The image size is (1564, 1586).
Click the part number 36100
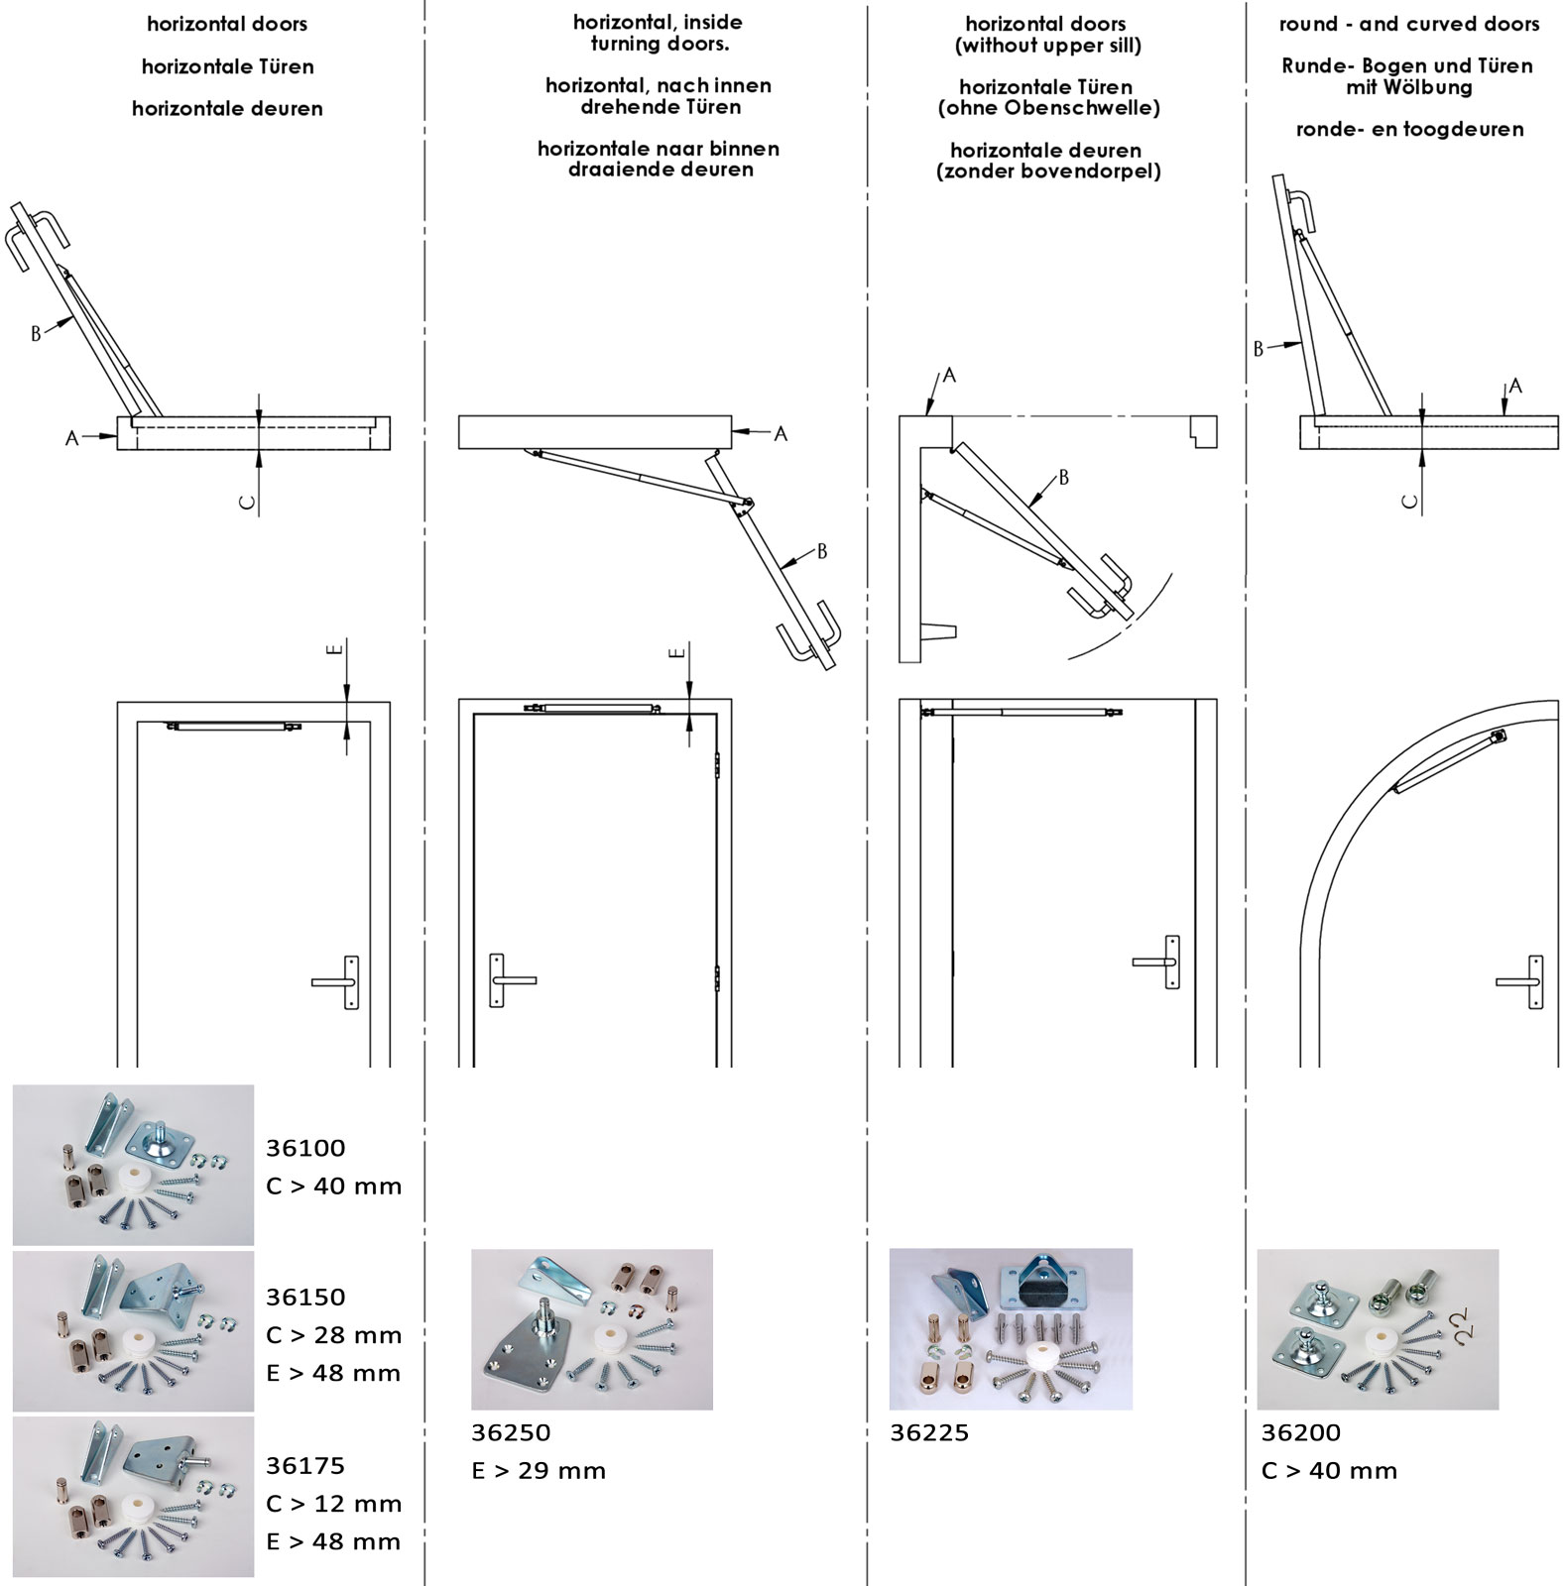pyautogui.click(x=305, y=1148)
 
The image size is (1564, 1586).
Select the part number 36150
pyautogui.click(x=305, y=1297)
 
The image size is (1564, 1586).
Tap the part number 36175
pyautogui.click(x=305, y=1465)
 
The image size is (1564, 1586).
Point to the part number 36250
pyautogui.click(x=511, y=1432)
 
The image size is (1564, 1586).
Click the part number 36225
pyautogui.click(x=929, y=1432)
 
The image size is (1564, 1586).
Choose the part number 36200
pyautogui.click(x=1301, y=1432)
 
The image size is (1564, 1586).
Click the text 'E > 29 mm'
pyautogui.click(x=539, y=1471)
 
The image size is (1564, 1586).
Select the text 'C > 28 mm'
pyautogui.click(x=334, y=1335)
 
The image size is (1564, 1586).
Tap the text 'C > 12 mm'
pyautogui.click(x=334, y=1504)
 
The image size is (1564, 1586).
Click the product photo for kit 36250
pyautogui.click(x=592, y=1329)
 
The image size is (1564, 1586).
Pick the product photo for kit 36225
pyautogui.click(x=1011, y=1329)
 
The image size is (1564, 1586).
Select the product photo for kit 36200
pyautogui.click(x=1379, y=1329)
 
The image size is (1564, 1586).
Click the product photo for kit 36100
pyautogui.click(x=133, y=1165)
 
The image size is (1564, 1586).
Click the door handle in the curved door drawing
pyautogui.click(x=1520, y=982)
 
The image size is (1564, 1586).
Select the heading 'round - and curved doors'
pyautogui.click(x=1409, y=24)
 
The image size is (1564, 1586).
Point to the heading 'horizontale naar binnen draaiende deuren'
pyautogui.click(x=659, y=159)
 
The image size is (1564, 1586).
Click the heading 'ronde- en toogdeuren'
pyautogui.click(x=1409, y=129)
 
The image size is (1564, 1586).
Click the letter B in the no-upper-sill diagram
pyautogui.click(x=1064, y=478)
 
